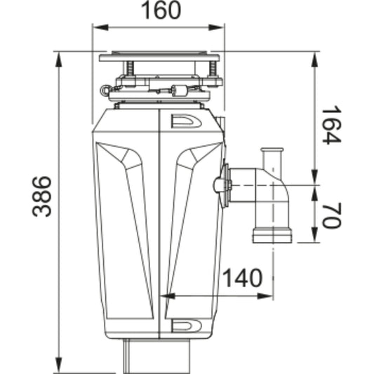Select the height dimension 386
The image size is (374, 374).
[x=43, y=196]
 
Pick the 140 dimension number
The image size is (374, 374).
[x=242, y=278]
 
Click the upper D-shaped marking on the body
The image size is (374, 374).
[x=185, y=121]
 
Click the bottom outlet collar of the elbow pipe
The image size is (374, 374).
[x=272, y=236]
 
